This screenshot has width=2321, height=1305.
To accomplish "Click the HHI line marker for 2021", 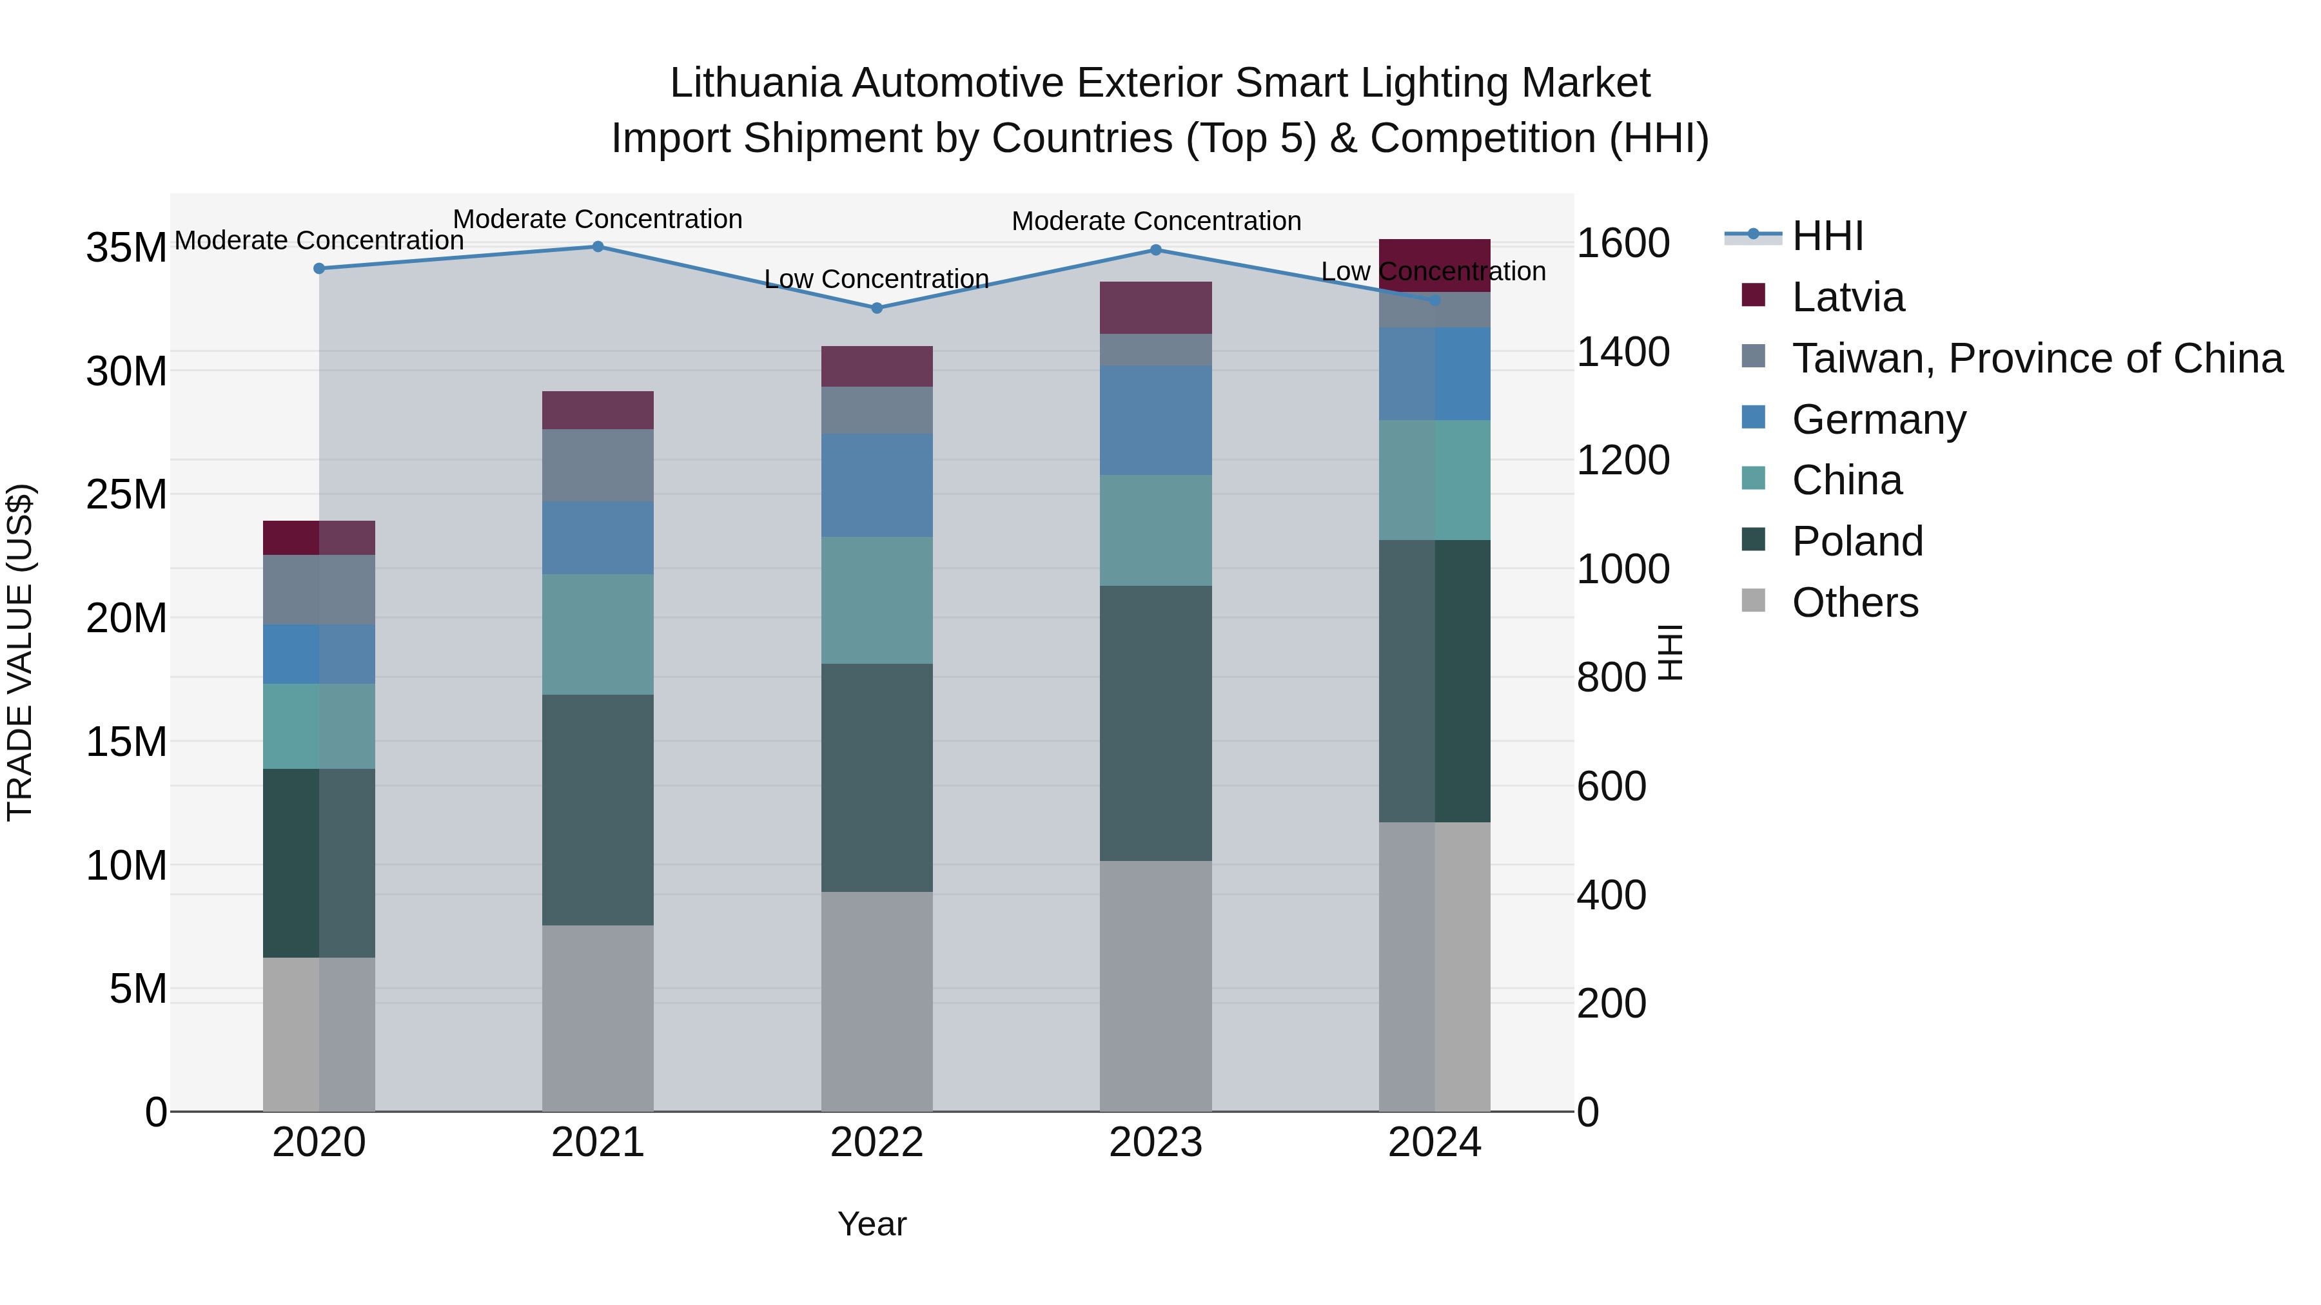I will [598, 247].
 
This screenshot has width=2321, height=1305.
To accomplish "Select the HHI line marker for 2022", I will [877, 308].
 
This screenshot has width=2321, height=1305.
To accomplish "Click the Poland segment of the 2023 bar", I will [1155, 723].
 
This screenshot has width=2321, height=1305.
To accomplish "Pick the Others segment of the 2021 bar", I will [598, 1018].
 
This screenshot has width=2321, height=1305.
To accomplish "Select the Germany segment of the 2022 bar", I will [877, 485].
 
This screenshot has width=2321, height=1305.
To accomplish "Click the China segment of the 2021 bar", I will [598, 634].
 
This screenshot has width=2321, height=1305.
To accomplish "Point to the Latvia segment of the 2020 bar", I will [318, 537].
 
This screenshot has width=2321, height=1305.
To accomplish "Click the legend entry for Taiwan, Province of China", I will [2036, 358].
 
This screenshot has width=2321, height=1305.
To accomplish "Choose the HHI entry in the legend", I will [1827, 236].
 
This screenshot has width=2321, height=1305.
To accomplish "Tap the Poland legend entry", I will [1857, 541].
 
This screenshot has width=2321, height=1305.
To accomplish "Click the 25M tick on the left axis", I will [126, 494].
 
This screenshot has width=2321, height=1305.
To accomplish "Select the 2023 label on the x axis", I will [1155, 1143].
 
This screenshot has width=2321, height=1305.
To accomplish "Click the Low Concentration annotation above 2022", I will [877, 279].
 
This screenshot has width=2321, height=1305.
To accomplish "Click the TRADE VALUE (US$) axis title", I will [20, 652].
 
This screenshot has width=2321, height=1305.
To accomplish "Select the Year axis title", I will [871, 1224].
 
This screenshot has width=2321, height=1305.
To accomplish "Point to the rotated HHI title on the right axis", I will [1670, 652].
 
